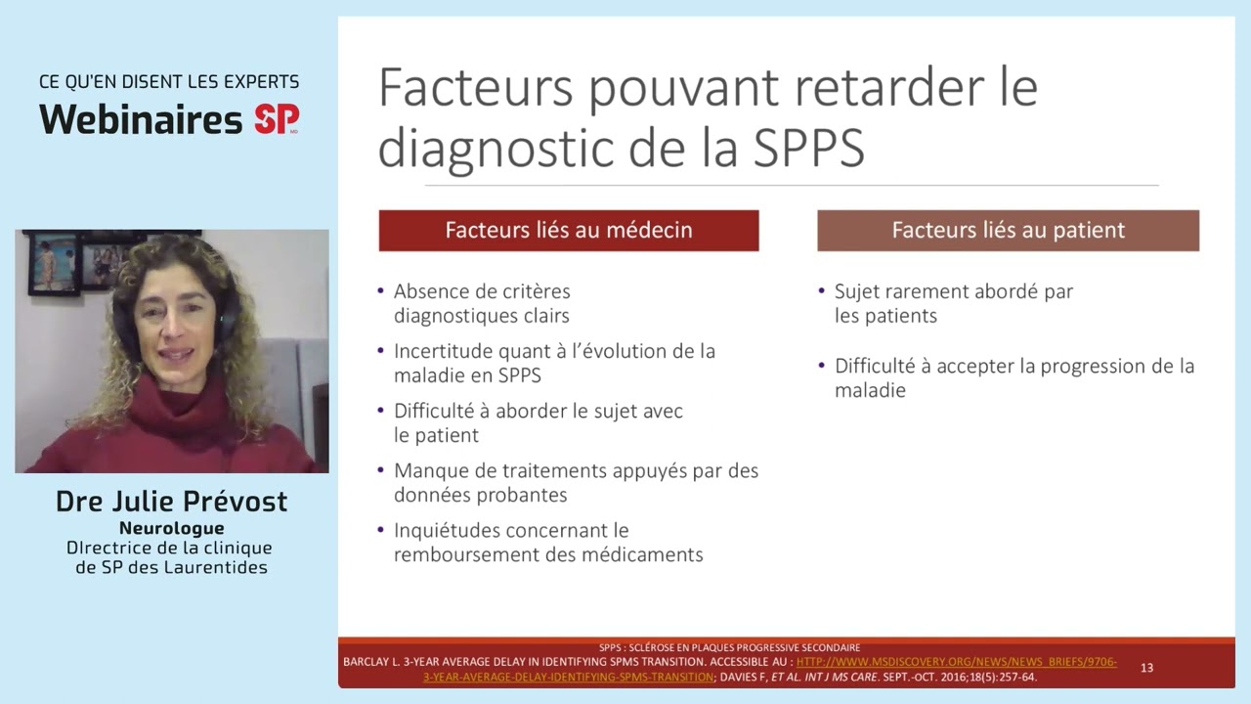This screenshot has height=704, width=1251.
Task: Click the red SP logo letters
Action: click(276, 119)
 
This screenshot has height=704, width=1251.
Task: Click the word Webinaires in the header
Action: click(141, 120)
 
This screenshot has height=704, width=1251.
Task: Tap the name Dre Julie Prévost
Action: click(172, 502)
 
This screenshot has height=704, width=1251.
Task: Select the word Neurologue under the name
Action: click(172, 528)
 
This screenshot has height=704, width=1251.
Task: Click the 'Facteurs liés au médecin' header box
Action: click(569, 231)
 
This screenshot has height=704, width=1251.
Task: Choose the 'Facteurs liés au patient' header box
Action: click(1008, 231)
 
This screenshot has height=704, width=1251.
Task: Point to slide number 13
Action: click(1146, 668)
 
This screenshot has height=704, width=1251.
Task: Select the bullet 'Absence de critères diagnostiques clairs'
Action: click(482, 303)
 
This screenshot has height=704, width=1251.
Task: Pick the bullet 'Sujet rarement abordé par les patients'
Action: click(953, 303)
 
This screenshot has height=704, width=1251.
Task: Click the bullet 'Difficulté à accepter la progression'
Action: click(1014, 377)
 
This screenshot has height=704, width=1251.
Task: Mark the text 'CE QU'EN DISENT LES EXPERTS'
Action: click(169, 82)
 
